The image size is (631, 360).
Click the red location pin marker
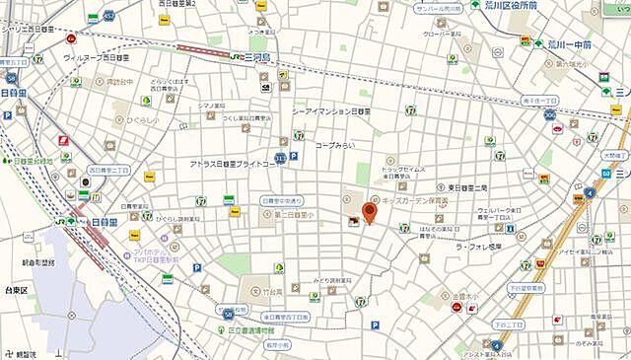point(371,211)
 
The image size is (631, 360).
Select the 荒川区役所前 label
point(511,5)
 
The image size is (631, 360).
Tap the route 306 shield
point(549,115)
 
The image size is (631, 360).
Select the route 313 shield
point(280,157)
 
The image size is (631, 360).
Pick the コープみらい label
point(334,145)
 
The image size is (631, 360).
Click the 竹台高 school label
point(271,292)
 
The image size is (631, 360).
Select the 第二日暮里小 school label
point(294,214)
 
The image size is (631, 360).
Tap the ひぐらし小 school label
point(140,119)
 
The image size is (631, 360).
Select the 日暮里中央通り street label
point(287,200)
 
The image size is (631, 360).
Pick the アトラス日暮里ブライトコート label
point(236,163)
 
